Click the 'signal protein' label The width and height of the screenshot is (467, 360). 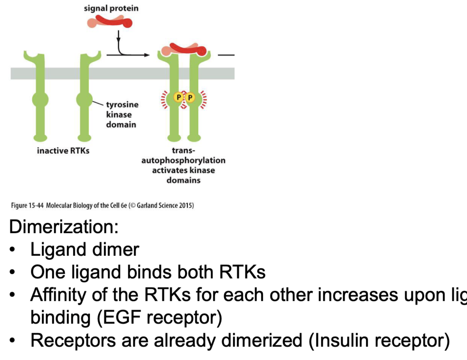pyautogui.click(x=111, y=8)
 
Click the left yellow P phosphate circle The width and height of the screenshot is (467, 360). pyautogui.click(x=178, y=97)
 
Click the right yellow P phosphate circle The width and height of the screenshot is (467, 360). pyautogui.click(x=190, y=97)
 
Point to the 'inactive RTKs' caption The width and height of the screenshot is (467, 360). pyautogui.click(x=63, y=151)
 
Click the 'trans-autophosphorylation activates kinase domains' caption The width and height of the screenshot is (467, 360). pyautogui.click(x=183, y=165)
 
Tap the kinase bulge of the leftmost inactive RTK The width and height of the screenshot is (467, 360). pyautogui.click(x=40, y=99)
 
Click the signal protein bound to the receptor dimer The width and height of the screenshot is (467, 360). pyautogui.click(x=185, y=50)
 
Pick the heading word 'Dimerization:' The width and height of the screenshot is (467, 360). pyautogui.click(x=64, y=227)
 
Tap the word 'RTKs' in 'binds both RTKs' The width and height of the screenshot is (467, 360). pyautogui.click(x=242, y=272)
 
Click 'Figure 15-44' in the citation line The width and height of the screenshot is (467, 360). pyautogui.click(x=27, y=205)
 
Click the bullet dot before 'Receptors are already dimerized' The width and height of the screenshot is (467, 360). pyautogui.click(x=12, y=340)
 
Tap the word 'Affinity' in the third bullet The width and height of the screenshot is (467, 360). pyautogui.click(x=58, y=295)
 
